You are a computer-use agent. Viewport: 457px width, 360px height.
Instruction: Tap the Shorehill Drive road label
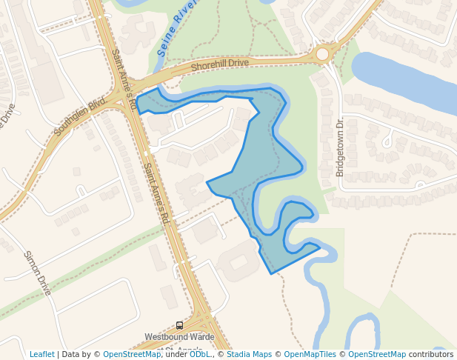pyautogui.click(x=219, y=64)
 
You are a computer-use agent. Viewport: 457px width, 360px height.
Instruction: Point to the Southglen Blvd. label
pyautogui.click(x=81, y=118)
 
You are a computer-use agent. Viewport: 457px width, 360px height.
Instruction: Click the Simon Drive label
pyautogui.click(x=36, y=273)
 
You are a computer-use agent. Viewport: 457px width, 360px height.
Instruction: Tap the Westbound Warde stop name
pyautogui.click(x=179, y=337)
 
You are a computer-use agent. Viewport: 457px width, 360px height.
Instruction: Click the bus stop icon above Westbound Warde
pyautogui.click(x=179, y=325)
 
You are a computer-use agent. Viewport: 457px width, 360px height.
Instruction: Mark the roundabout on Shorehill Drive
pyautogui.click(x=323, y=53)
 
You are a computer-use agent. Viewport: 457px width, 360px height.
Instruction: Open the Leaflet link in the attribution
pyautogui.click(x=42, y=354)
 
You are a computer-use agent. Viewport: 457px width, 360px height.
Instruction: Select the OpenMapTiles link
pyautogui.click(x=308, y=354)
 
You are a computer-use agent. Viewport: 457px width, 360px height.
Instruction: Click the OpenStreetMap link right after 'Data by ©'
pyautogui.click(x=131, y=354)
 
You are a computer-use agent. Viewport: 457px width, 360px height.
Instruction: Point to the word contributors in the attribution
pyautogui.click(x=430, y=354)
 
